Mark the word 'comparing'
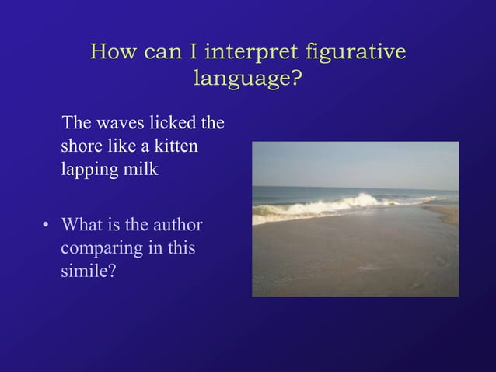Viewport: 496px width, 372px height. coord(97,251)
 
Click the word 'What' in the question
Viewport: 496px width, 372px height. coord(83,226)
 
